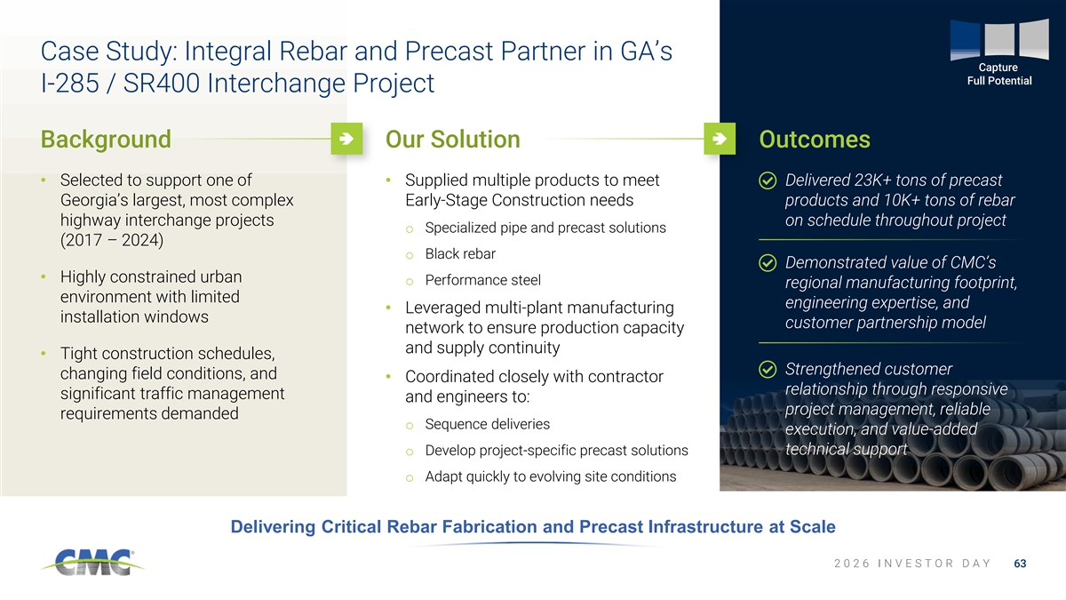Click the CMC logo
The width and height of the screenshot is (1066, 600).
(92, 563)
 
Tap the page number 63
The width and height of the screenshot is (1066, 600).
(1020, 564)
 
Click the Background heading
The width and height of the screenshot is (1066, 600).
(106, 140)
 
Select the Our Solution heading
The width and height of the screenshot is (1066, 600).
(452, 140)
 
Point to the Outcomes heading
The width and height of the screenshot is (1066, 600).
(815, 140)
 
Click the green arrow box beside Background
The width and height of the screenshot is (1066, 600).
(346, 139)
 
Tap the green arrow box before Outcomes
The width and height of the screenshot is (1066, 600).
(720, 139)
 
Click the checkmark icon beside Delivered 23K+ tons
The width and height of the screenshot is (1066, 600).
(768, 181)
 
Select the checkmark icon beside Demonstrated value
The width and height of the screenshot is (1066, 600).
(768, 263)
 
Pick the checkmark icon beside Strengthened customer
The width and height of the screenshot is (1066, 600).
(768, 370)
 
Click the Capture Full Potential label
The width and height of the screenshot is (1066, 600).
(998, 75)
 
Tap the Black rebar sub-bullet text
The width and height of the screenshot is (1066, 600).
(460, 254)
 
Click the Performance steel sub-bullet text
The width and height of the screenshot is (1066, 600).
(482, 280)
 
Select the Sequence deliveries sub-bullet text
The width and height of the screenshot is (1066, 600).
(488, 424)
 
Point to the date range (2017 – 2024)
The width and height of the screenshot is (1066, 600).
(112, 240)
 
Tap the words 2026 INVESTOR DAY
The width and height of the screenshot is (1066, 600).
(912, 564)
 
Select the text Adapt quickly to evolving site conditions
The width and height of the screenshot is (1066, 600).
(551, 476)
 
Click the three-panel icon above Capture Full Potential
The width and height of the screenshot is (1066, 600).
(999, 39)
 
